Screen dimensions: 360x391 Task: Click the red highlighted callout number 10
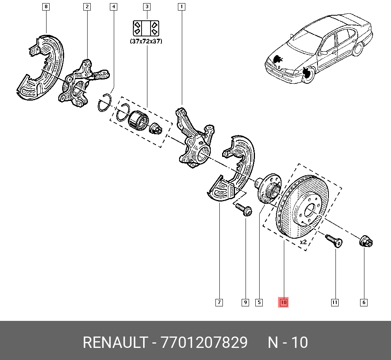click(x=283, y=302)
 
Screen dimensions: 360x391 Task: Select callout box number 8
click(x=46, y=7)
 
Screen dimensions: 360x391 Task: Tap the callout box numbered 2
click(x=86, y=7)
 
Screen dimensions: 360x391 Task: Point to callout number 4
click(x=113, y=7)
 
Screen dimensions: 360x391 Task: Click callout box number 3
click(x=147, y=7)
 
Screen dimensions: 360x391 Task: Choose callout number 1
click(x=181, y=7)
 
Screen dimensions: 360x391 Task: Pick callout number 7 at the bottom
click(x=219, y=302)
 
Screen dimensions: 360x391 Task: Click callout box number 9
click(x=245, y=302)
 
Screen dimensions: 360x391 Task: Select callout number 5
click(x=259, y=302)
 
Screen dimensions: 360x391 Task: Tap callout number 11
click(x=335, y=302)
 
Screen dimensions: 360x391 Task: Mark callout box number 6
click(x=364, y=302)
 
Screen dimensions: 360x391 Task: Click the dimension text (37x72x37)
click(x=146, y=41)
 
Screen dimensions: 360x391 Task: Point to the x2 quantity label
click(x=303, y=242)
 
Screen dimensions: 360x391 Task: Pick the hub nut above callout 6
click(x=366, y=241)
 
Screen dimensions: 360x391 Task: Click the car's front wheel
click(x=308, y=75)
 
